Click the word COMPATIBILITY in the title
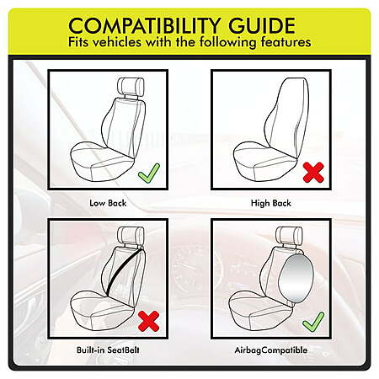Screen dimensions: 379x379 tap(144, 25)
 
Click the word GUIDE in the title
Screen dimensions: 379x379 tap(262, 25)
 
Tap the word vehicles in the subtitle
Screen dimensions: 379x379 tap(117, 42)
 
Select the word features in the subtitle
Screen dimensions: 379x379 tap(286, 42)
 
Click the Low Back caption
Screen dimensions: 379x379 tap(108, 203)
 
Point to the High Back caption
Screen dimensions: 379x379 tap(271, 203)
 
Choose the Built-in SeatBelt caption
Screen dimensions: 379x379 tap(108, 350)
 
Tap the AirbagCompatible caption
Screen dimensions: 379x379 tap(271, 350)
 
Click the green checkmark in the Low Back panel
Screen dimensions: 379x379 tap(149, 173)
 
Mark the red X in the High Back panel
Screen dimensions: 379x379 tap(313, 173)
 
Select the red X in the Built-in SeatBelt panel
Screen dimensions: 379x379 tap(149, 321)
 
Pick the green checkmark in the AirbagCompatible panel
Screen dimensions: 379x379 tap(313, 322)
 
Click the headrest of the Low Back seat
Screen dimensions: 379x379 tap(131, 86)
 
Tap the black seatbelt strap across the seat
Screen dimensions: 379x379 tap(125, 270)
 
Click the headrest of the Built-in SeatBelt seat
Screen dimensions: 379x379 tap(131, 235)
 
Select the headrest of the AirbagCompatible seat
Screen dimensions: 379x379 tap(289, 235)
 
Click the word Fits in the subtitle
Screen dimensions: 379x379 tap(78, 42)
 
